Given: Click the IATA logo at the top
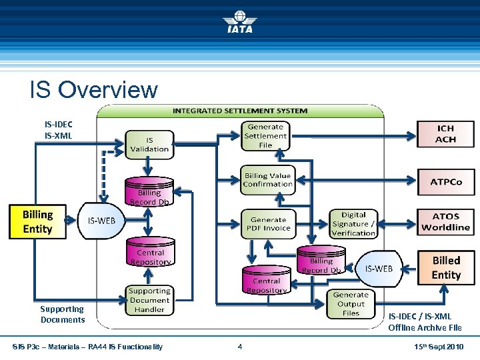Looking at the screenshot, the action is point(240,21).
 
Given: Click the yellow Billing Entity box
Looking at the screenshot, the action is point(37,221).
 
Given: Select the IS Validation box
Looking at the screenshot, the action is point(149,145).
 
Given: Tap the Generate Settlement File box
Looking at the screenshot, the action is point(265,136).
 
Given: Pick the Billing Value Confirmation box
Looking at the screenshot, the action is point(268,180).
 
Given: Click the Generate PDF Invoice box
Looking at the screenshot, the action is point(269,224).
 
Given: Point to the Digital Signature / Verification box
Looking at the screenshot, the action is point(353,224).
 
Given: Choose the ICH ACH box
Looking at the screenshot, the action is point(446,134).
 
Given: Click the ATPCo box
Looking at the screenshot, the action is point(446,182).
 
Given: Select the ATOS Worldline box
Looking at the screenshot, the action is point(446,222).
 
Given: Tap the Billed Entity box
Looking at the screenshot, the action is point(446,268).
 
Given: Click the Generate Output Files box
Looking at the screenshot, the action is point(351,304).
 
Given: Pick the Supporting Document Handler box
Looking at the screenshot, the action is point(149,300).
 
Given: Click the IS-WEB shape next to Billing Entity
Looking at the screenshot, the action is point(101,221).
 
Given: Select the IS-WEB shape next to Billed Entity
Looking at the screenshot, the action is point(379,269).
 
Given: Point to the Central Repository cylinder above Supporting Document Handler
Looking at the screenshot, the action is point(151,251).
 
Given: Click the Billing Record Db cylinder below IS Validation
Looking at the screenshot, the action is point(149,191).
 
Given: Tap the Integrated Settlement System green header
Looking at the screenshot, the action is point(240,111).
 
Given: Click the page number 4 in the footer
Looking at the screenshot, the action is point(240,347).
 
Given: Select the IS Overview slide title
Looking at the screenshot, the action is point(94,89).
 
